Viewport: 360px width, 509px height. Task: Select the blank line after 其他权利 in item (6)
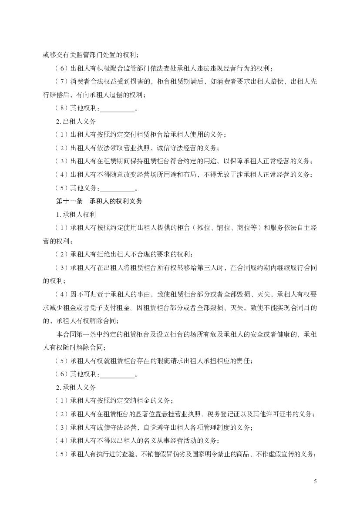[118, 374]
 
